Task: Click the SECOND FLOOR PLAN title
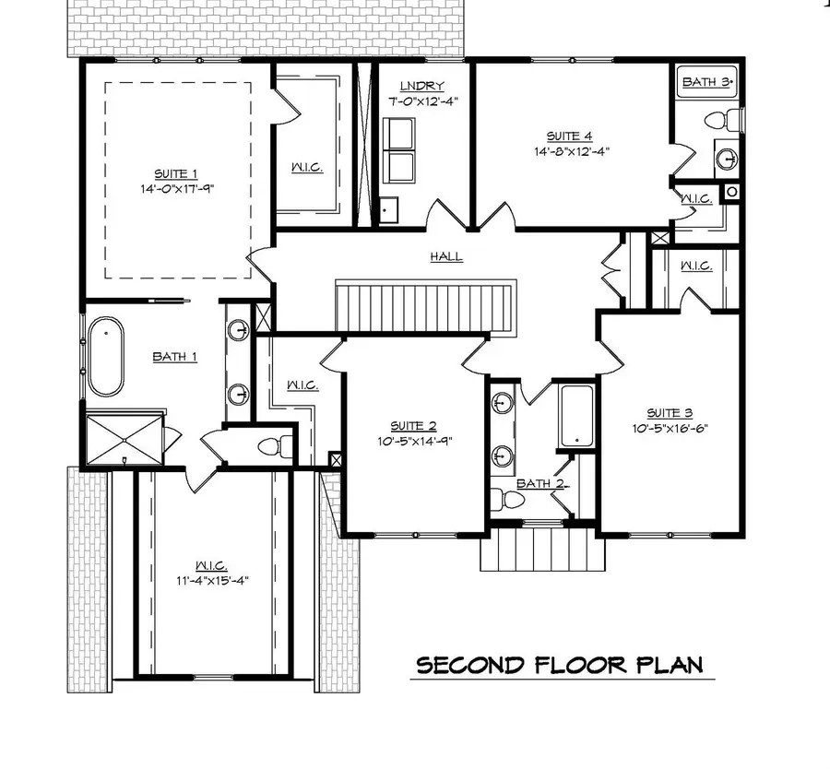point(559,666)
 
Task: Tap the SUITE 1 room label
point(175,173)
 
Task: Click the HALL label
point(445,257)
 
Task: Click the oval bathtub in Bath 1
point(104,355)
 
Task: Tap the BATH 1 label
point(174,357)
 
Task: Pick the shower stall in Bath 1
point(123,440)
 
